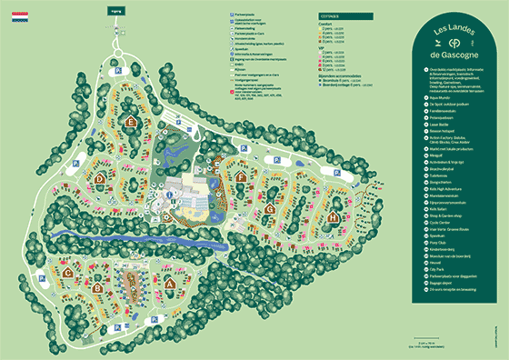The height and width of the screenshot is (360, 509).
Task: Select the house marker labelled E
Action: click(132, 120)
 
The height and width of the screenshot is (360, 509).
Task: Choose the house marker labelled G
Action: click(271, 208)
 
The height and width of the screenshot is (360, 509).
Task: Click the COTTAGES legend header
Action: click(330, 16)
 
